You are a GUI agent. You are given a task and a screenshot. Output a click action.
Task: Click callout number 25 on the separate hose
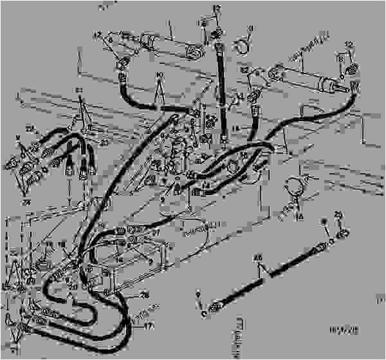click(259, 259)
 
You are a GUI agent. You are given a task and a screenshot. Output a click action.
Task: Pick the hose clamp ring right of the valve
click(295, 186)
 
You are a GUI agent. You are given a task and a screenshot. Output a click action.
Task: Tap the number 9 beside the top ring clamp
click(251, 28)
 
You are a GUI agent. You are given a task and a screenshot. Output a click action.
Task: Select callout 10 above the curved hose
click(159, 75)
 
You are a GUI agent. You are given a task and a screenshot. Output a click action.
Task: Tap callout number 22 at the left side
click(29, 129)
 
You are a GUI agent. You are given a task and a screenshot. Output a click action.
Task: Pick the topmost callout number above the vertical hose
click(217, 8)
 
